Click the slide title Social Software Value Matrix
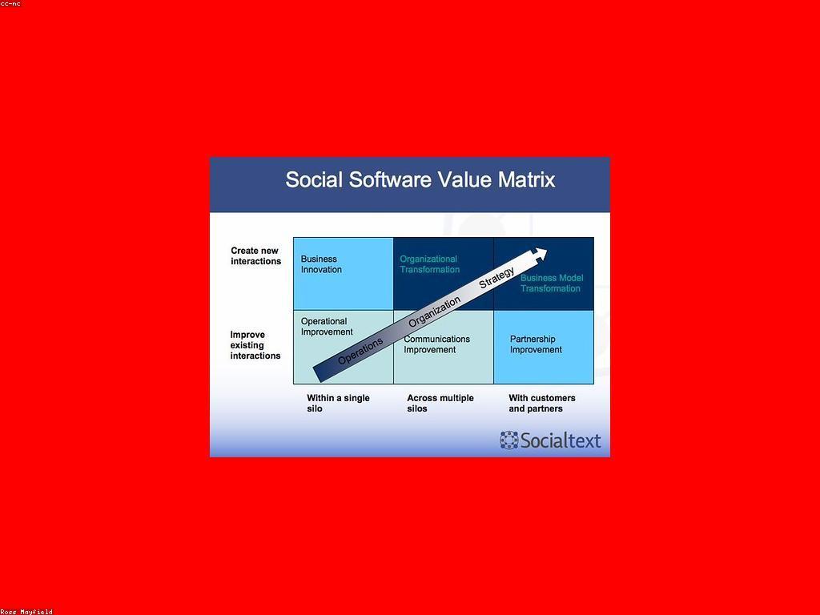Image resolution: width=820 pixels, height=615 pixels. coord(420,180)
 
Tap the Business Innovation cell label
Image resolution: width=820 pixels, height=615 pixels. coord(321,264)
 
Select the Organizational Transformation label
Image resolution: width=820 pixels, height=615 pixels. coord(429,264)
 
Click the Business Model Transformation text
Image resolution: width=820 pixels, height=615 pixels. coord(551,283)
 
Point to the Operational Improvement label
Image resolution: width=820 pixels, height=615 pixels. coord(327,327)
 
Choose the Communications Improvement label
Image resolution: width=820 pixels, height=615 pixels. coord(436,344)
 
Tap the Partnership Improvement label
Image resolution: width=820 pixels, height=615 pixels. coord(536,344)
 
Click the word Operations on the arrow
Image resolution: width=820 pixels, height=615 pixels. coord(360,351)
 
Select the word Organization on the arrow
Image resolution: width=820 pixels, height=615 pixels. coord(434,312)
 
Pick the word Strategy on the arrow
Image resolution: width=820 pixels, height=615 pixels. coord(496,277)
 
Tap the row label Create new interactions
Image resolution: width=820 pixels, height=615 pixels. coord(255,255)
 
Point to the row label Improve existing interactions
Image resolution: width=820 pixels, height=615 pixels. coord(255,345)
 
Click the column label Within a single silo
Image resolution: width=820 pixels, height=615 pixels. coord(338,404)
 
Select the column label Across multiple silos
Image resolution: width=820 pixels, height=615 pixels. coord(440,404)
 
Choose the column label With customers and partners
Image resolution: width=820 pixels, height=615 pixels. coord(542,404)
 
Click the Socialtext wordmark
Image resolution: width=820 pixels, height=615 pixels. coord(561,440)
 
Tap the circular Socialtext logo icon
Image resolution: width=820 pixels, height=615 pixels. coord(508,440)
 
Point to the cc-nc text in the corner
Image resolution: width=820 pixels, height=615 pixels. coord(10,4)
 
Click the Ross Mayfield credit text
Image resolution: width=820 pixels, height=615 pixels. coord(26,611)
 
